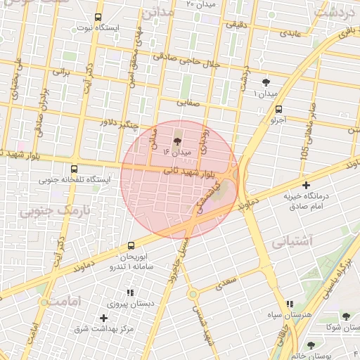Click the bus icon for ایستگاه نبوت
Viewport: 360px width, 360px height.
[x=97, y=18]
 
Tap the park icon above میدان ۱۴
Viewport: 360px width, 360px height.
[x=176, y=141]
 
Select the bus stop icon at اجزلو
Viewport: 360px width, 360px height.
[x=279, y=109]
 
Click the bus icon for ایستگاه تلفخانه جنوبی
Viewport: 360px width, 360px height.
[x=75, y=169]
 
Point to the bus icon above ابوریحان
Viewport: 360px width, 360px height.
[x=131, y=245]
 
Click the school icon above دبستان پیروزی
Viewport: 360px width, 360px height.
[x=130, y=292]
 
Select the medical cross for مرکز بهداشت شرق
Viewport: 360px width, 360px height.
[x=103, y=319]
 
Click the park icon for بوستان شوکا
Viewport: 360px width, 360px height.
[x=346, y=316]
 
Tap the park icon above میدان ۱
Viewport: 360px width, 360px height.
[x=266, y=83]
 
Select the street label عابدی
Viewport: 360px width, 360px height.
[x=290, y=33]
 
